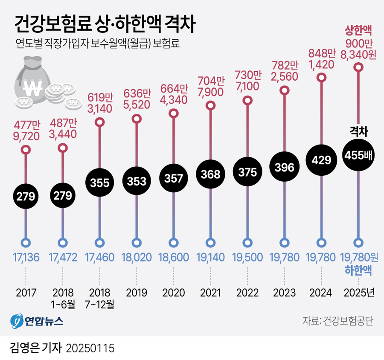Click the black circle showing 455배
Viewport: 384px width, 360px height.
pos(359,156)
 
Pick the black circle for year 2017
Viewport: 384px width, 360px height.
pos(26,196)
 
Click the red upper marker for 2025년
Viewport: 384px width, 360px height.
pos(359,67)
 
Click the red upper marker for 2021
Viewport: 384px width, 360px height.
pos(210,105)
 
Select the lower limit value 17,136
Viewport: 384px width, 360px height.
pos(26,257)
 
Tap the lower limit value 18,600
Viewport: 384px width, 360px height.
pos(173,257)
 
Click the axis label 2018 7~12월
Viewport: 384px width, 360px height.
pos(100,299)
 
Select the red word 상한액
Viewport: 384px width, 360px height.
pos(359,31)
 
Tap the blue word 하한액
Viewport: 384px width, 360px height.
pos(358,270)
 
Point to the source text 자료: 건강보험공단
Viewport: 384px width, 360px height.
pos(337,321)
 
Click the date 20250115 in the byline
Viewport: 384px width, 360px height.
pos(90,348)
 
